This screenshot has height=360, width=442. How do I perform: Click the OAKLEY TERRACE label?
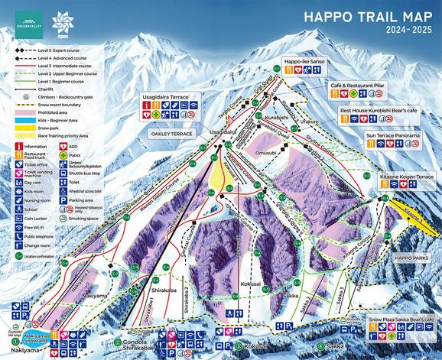pyautogui.click(x=172, y=131)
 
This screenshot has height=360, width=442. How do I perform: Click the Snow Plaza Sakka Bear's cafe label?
pyautogui.click(x=400, y=318)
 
